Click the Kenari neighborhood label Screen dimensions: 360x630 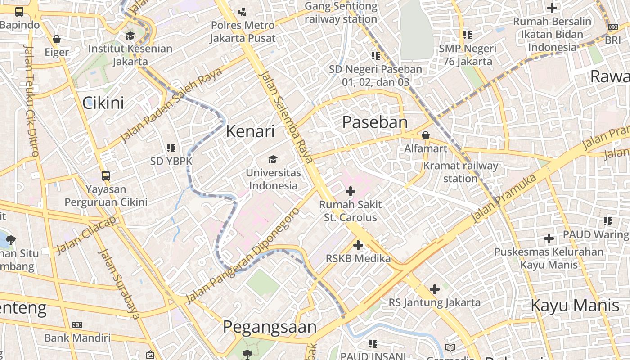(250, 131)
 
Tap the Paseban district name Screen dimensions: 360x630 (375, 122)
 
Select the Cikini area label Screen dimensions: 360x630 (103, 103)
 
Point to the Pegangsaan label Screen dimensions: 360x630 (270, 327)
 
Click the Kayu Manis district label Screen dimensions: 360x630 (575, 306)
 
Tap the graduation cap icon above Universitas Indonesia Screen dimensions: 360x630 (273, 159)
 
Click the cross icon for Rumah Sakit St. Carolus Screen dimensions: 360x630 (350, 191)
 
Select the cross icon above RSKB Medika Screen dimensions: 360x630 (358, 245)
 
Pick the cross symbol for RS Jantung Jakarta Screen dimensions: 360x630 (434, 289)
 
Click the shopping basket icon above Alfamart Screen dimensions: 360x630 (425, 135)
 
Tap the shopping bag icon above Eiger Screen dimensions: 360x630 (57, 39)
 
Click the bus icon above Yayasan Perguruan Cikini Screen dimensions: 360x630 (106, 175)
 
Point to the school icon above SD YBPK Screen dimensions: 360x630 (171, 148)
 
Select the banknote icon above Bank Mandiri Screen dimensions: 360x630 (77, 324)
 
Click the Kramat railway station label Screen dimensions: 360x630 (460, 172)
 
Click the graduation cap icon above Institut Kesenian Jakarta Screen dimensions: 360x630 (130, 36)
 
